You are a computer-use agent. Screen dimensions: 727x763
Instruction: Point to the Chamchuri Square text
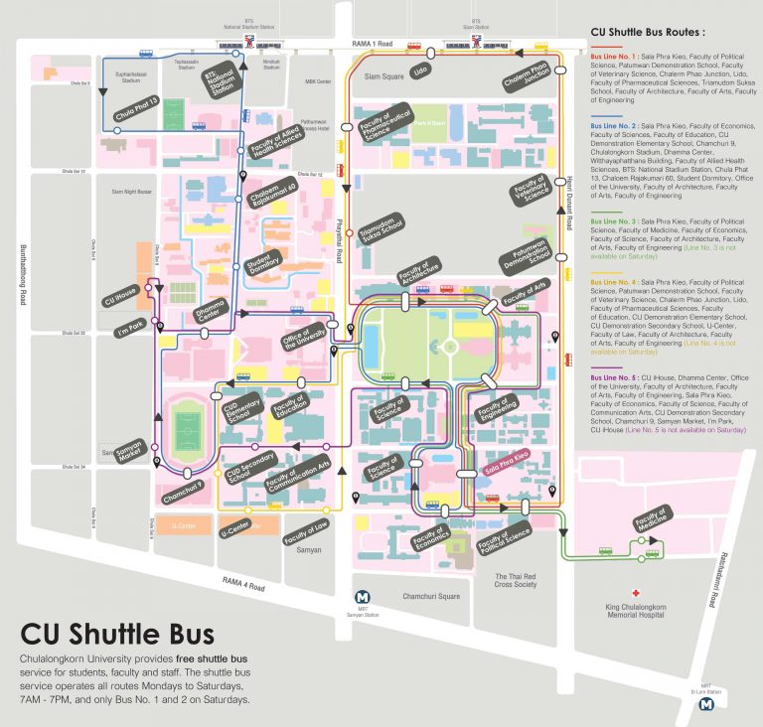pos(430,596)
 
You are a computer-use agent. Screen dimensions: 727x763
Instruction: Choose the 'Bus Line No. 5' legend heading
pos(613,378)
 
